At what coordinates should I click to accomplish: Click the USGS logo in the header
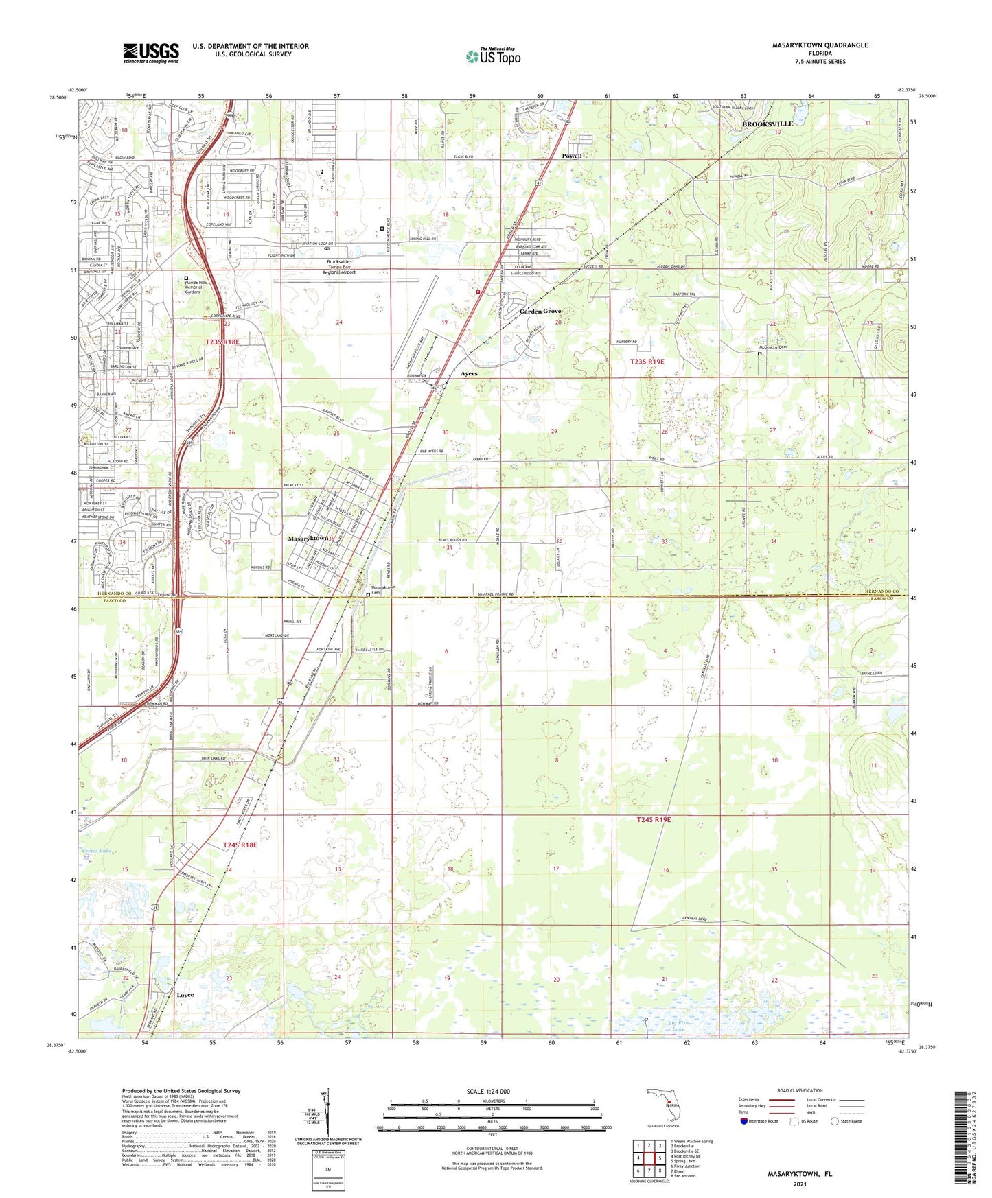[x=150, y=53]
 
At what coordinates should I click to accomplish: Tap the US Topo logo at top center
[x=492, y=56]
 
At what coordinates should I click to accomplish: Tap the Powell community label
[x=571, y=156]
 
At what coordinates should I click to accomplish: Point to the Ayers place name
[x=468, y=374]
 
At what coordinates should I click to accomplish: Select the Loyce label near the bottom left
[x=185, y=995]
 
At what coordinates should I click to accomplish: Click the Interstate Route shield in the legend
[x=745, y=1121]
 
